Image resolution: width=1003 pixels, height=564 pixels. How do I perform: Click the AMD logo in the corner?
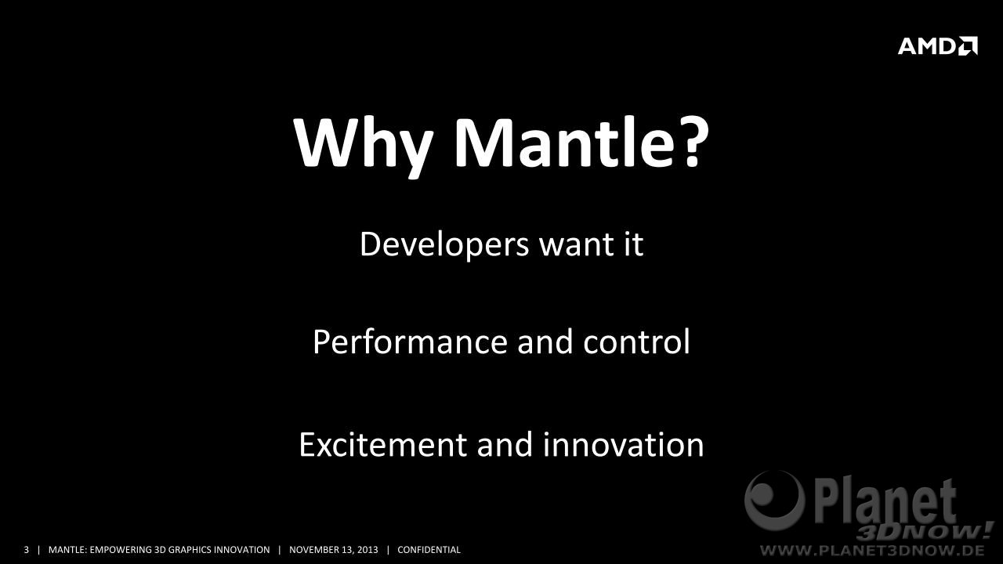coord(938,45)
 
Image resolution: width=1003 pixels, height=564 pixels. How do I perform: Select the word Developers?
coord(444,245)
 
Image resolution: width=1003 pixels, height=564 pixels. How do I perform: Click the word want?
coord(576,245)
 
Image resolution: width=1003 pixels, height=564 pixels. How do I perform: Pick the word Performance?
coord(410,342)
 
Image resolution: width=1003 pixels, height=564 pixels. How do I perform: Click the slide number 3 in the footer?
coord(26,550)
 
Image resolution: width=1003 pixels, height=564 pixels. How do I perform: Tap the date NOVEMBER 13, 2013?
coord(334,550)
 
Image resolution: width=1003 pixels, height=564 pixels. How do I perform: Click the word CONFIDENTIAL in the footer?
coord(429,550)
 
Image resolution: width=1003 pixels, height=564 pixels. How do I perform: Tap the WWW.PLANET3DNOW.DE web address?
coord(873,550)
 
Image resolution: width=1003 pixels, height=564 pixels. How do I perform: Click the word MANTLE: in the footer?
coord(67,550)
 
